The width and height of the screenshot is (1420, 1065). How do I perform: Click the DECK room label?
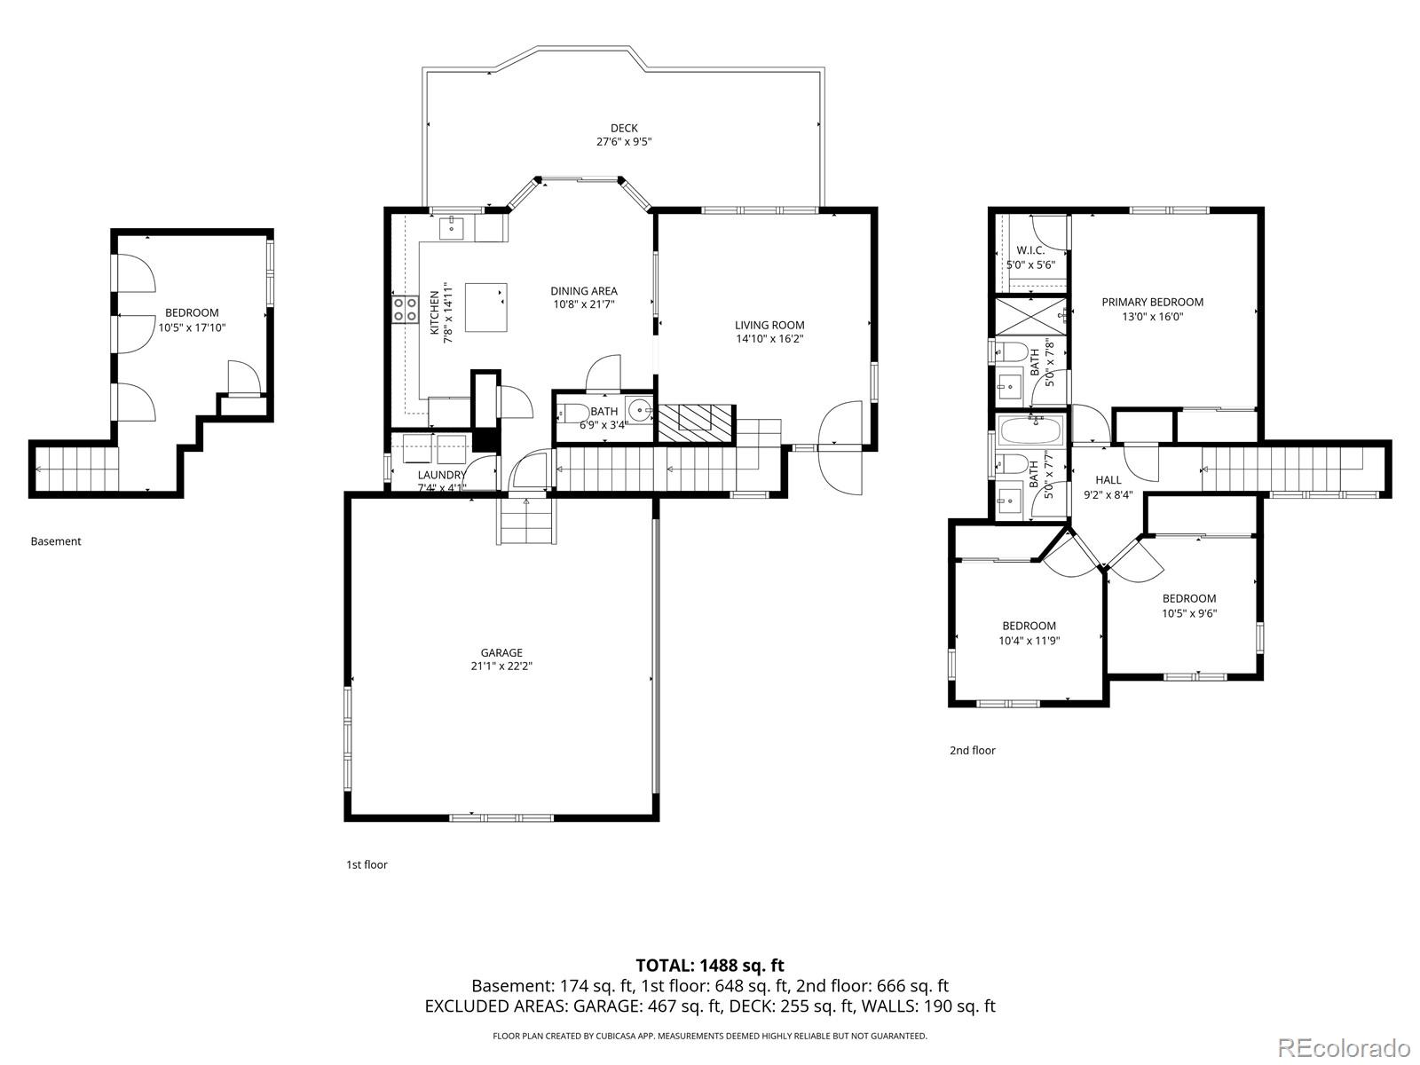coord(624,129)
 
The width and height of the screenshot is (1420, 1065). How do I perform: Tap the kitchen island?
coord(486,307)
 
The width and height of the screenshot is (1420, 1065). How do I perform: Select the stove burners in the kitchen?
coord(406,309)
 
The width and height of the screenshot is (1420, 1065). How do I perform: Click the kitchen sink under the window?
coord(453,228)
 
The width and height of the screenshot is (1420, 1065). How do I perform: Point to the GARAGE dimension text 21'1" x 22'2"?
coord(501,666)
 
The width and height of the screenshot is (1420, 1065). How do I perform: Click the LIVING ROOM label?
coord(769,325)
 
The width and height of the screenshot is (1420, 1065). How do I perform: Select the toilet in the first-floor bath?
coord(573,414)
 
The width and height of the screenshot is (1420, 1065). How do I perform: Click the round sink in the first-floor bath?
coord(638,411)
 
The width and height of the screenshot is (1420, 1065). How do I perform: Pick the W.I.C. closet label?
coord(1030,250)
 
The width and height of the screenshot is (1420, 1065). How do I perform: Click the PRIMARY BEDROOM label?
coord(1152,302)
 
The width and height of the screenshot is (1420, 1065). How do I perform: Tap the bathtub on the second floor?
coord(1029,432)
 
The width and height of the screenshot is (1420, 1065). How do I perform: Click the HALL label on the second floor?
coord(1108,480)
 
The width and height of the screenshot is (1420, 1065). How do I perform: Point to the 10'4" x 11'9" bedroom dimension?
coord(1029,640)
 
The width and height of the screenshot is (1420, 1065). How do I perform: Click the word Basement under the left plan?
coord(55,541)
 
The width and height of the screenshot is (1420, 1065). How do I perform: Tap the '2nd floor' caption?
coord(973,750)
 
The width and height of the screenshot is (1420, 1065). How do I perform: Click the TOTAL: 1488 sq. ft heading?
coord(710,966)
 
